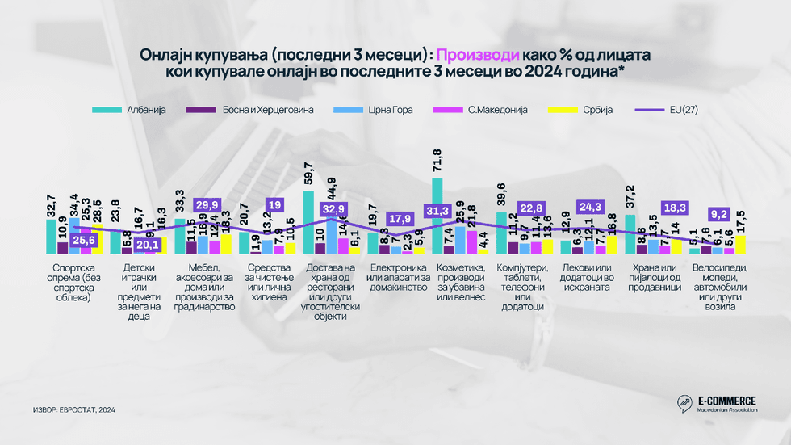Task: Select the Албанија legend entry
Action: pos(138,109)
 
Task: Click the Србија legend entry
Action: pos(590,109)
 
